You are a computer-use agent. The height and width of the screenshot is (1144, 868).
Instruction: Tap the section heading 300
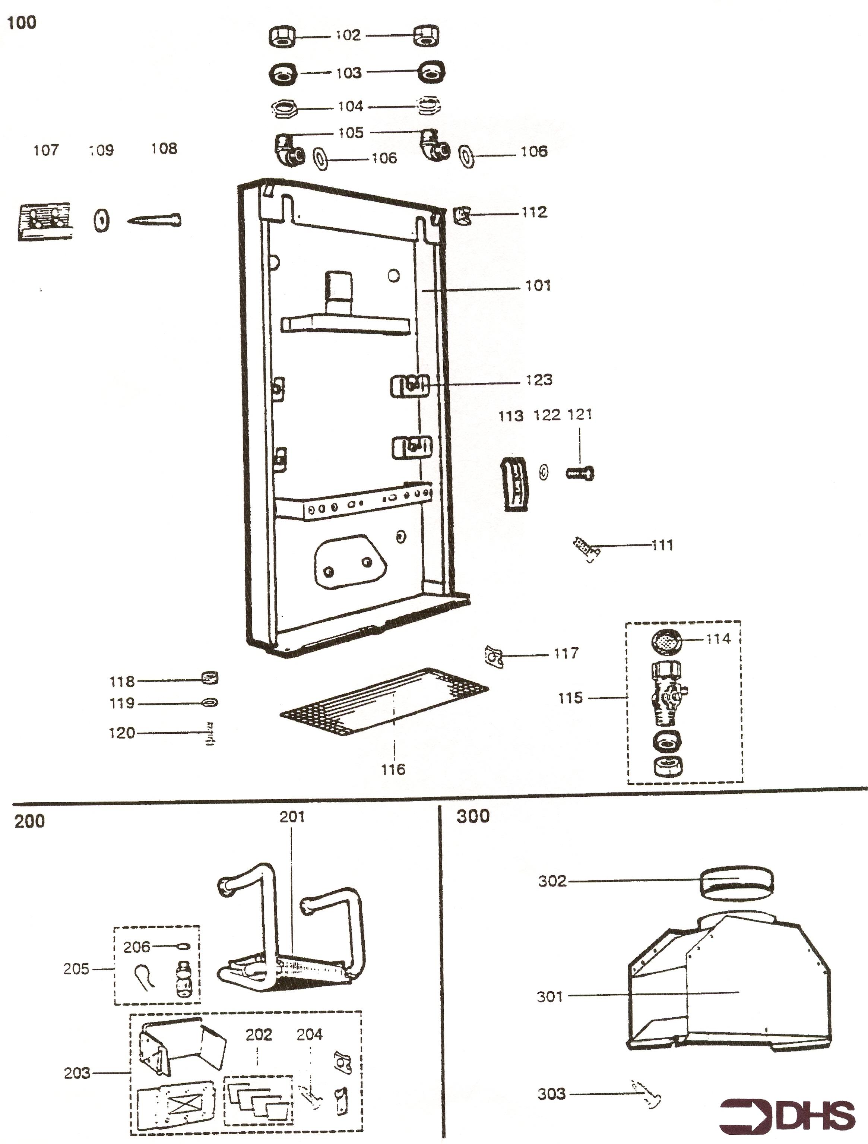tap(472, 816)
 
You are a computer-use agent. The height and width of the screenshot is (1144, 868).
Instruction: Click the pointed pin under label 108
tap(154, 220)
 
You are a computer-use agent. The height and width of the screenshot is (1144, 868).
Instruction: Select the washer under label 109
tap(101, 221)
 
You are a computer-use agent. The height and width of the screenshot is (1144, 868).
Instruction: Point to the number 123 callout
tap(539, 380)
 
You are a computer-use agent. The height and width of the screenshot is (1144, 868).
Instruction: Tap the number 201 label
tap(292, 817)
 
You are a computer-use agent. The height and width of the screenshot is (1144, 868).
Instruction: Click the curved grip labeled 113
tap(515, 484)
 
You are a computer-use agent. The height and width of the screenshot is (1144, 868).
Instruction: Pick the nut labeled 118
tap(209, 677)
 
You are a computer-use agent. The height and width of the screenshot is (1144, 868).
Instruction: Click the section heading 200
tap(29, 821)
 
